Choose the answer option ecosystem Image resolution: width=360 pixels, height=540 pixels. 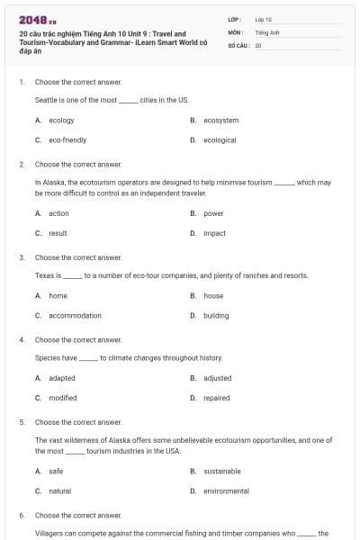pos(220,120)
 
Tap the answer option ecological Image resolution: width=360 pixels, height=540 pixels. pos(220,140)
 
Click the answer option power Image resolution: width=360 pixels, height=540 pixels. pos(213,213)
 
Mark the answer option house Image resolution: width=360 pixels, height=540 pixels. pos(213,295)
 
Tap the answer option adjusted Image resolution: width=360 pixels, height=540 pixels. pos(217,378)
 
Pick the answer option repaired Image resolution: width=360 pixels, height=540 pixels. pos(216,398)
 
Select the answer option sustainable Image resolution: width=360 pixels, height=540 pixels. pos(221,471)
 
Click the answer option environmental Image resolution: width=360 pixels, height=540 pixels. pos(226,490)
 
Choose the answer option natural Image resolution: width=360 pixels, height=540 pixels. pos(60,490)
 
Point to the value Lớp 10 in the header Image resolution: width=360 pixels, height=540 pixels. pos(263,19)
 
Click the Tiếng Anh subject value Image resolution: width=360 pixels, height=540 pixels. pos(266,31)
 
